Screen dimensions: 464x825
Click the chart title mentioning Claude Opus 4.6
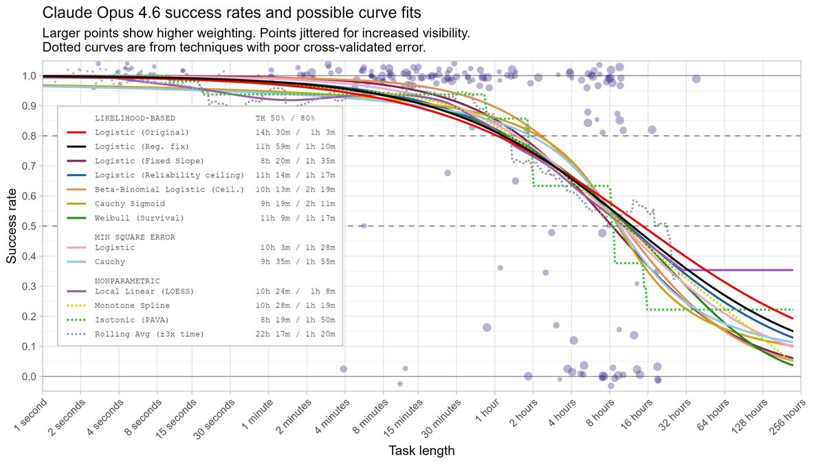tap(232, 13)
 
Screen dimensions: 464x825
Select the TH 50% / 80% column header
tap(285, 118)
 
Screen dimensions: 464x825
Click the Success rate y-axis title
tap(12, 226)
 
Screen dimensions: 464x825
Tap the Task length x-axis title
tap(421, 451)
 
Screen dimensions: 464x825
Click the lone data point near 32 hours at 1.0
tap(696, 78)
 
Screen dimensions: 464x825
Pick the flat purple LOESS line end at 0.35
tap(791, 270)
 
